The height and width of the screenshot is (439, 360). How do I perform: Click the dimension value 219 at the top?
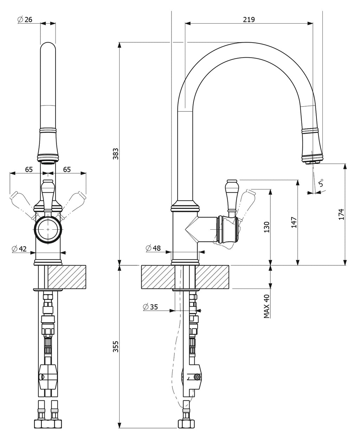[x=249, y=19]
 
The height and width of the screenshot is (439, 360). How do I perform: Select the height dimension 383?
[x=116, y=154]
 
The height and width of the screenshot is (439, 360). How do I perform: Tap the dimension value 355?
[x=116, y=346]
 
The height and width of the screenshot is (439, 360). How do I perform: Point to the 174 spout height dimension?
[x=341, y=214]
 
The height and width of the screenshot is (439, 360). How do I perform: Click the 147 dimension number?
[x=294, y=222]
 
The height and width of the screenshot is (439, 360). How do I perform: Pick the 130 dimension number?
[x=266, y=227]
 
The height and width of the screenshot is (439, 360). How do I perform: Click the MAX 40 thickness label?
[x=266, y=306]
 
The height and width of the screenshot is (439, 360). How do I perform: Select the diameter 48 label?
[x=153, y=248]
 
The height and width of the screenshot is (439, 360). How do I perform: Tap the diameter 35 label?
[x=151, y=307]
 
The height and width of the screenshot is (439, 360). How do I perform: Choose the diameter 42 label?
[x=19, y=249]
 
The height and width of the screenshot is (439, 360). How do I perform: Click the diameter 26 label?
[x=25, y=19]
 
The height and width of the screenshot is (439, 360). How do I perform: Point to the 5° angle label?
[x=321, y=183]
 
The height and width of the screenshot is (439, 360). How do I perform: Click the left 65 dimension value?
[x=29, y=170]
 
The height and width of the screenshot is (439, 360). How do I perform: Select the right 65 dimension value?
[x=67, y=170]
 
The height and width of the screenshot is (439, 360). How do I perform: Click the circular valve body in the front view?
[x=48, y=229]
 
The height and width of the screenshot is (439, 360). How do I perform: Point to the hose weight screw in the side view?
[x=197, y=376]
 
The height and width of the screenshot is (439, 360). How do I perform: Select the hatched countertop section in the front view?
[x=67, y=277]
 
